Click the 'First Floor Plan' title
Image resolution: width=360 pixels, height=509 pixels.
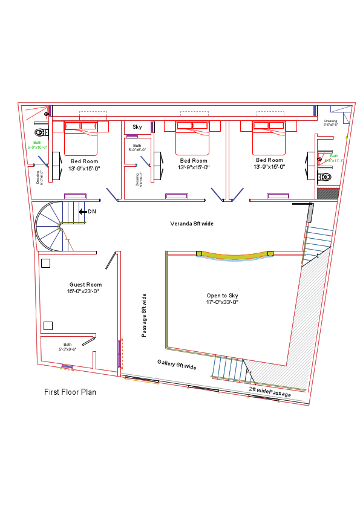pyautogui.click(x=70, y=392)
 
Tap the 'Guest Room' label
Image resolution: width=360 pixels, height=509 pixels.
pyautogui.click(x=85, y=285)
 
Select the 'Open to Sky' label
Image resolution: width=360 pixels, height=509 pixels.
pyautogui.click(x=222, y=296)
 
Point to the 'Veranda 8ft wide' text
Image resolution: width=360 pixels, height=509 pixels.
pyautogui.click(x=191, y=224)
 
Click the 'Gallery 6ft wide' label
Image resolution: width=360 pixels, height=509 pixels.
pyautogui.click(x=177, y=365)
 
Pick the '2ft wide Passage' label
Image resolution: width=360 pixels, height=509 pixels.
pyautogui.click(x=270, y=392)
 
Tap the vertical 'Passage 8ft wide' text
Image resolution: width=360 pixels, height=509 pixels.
pyautogui.click(x=144, y=315)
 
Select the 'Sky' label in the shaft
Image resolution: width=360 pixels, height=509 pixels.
pyautogui.click(x=137, y=127)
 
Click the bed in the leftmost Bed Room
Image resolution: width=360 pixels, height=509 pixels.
pyautogui.click(x=80, y=138)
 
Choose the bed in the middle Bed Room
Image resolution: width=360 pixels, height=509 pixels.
pyautogui.click(x=192, y=138)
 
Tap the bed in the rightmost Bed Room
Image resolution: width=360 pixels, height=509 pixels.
pyautogui.click(x=269, y=138)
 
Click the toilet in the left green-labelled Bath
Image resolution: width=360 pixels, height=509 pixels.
pyautogui.click(x=41, y=132)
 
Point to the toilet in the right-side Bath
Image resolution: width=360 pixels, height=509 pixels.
pyautogui.click(x=326, y=177)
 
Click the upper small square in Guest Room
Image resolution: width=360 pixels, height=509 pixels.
pyautogui.click(x=45, y=263)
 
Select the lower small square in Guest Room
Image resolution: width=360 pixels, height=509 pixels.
pyautogui.click(x=48, y=326)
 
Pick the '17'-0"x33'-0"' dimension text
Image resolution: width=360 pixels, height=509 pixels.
pyautogui.click(x=222, y=302)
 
